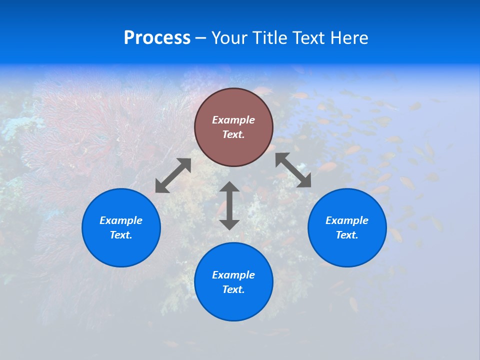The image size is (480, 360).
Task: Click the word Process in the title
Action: (157, 38)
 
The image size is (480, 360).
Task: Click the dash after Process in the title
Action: (201, 38)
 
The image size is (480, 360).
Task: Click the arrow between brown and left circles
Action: (173, 175)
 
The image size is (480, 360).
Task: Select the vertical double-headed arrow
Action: (229, 205)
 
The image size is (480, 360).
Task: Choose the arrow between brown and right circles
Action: (293, 170)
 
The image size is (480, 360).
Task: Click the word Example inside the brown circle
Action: (233, 120)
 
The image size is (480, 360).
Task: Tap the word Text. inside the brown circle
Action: (233, 134)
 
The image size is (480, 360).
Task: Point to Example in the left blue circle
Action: (121, 220)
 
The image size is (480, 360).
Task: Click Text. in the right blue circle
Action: (347, 235)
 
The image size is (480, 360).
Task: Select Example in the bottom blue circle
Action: (233, 275)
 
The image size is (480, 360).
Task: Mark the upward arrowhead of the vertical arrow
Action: (229, 186)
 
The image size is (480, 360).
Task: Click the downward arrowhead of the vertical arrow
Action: (229, 224)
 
